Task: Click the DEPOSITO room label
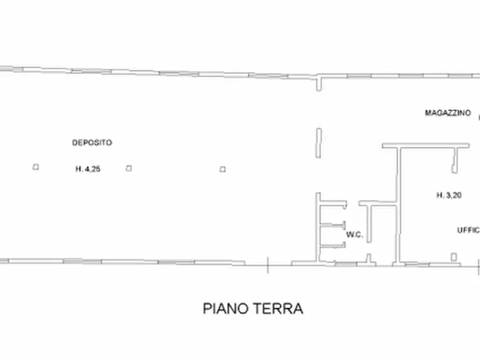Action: point(92,143)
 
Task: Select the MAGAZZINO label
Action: point(448,113)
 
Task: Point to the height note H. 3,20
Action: point(449,196)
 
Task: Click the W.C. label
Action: point(354,234)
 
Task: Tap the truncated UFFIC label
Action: point(468,230)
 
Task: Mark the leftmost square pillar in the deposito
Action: point(35,167)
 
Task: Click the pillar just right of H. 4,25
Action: point(128,168)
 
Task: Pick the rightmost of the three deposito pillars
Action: point(223,169)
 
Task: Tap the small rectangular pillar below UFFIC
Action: point(454,257)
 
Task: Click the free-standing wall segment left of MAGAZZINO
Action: point(318,142)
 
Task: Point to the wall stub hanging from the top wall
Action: point(319,84)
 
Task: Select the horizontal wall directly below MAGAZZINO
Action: point(425,145)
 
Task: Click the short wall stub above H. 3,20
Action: point(455,160)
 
